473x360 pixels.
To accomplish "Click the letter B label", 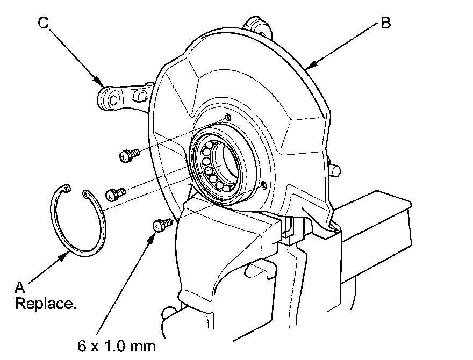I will [x=385, y=24].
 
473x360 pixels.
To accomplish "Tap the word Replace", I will [x=46, y=304].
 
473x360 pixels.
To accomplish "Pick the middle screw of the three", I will [x=114, y=192].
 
